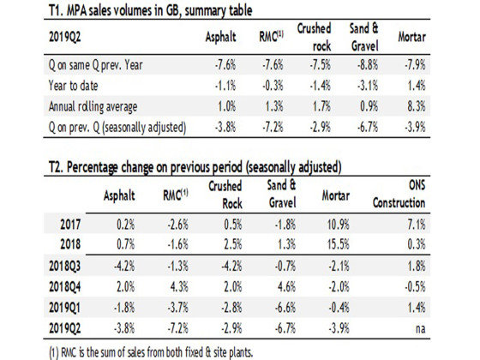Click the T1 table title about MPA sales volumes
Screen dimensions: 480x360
click(x=150, y=10)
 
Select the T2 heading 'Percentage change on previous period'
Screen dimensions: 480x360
click(x=154, y=167)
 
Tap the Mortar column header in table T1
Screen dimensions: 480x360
click(x=411, y=37)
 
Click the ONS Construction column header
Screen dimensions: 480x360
click(x=399, y=194)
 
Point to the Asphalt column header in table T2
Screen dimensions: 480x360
click(x=119, y=195)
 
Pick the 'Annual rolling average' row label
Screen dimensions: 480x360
click(x=93, y=106)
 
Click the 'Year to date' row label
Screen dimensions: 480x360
click(x=73, y=86)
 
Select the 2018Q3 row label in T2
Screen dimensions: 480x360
click(x=64, y=266)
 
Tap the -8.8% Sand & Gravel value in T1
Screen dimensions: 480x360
click(x=368, y=65)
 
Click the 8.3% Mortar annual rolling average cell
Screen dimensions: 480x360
click(x=417, y=106)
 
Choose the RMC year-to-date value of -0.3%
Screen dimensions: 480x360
click(x=273, y=86)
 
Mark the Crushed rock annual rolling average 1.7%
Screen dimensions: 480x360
click(x=321, y=106)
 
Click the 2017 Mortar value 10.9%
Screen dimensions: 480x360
click(x=338, y=225)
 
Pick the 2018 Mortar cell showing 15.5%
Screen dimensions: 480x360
click(x=338, y=244)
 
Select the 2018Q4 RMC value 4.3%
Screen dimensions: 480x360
click(x=179, y=287)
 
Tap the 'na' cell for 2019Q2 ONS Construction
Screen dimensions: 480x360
click(x=420, y=328)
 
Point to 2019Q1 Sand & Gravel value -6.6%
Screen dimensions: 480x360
click(x=285, y=308)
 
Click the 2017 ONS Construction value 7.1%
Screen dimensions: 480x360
click(x=417, y=225)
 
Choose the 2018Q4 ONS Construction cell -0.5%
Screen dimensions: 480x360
click(x=415, y=287)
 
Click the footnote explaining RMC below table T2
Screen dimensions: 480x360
click(x=151, y=352)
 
